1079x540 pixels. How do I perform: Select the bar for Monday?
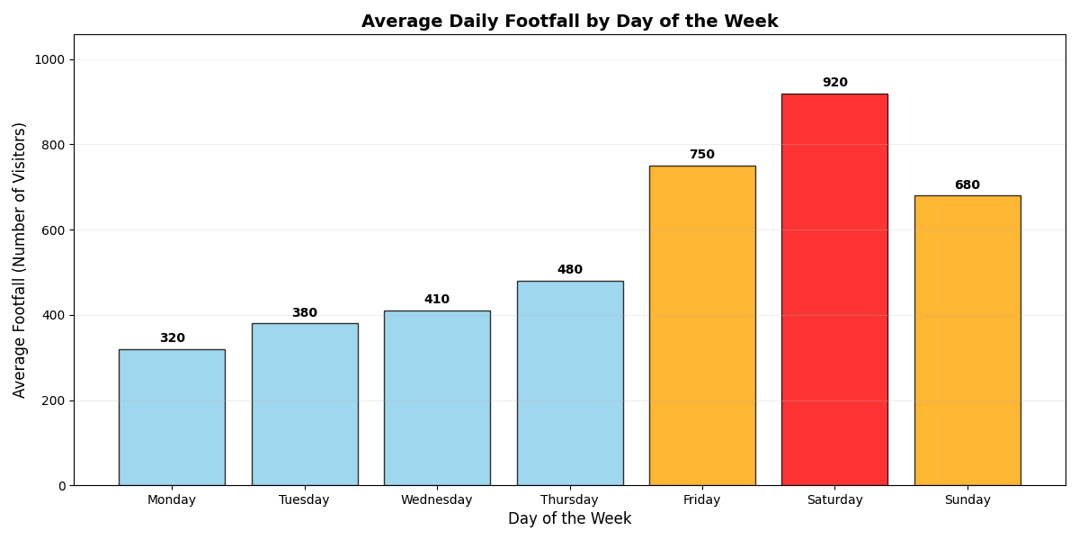[x=172, y=418]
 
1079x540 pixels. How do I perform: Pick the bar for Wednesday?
[x=437, y=398]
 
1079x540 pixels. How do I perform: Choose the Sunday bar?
[x=968, y=340]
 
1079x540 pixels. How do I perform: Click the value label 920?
[x=834, y=83]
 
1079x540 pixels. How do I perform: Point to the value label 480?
[x=569, y=270]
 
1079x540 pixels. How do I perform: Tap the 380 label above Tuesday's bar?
[x=304, y=313]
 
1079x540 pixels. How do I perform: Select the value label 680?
[x=968, y=185]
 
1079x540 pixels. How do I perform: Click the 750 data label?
[x=702, y=155]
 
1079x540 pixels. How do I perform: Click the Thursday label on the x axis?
[x=569, y=500]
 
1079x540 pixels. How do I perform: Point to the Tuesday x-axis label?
[x=304, y=500]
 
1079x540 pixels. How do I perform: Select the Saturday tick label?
[x=834, y=500]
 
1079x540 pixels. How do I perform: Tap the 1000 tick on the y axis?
[x=50, y=59]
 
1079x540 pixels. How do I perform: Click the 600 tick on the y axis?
[x=54, y=230]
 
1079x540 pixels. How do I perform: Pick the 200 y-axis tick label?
[x=54, y=400]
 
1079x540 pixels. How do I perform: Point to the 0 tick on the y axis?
[x=62, y=486]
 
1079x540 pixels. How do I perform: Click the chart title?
[x=569, y=22]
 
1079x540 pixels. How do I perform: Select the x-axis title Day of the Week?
[x=569, y=519]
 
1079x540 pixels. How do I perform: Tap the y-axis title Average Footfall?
[x=20, y=259]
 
